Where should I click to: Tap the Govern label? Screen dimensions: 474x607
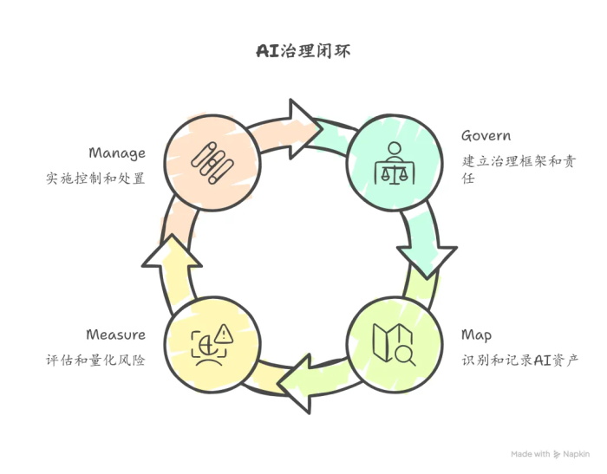(486, 136)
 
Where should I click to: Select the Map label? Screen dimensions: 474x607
(476, 334)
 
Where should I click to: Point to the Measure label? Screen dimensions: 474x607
(115, 334)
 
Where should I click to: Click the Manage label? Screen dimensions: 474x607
(117, 153)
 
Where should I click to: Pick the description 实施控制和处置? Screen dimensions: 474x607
(95, 179)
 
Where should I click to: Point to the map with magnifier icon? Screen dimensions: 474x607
(394, 344)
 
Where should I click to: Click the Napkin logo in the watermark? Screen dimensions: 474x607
(556, 454)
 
